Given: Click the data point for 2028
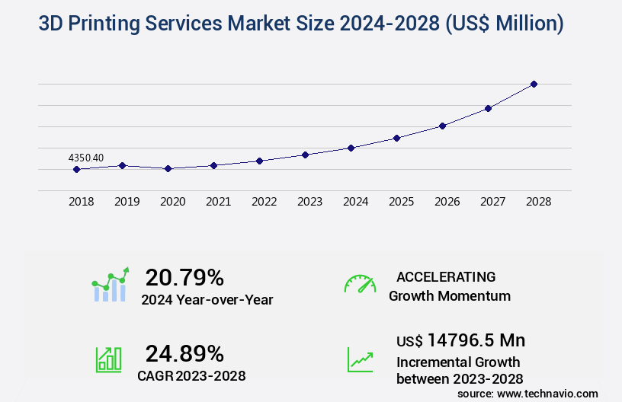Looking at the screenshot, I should click(534, 84).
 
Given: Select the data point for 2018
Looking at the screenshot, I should click(76, 169).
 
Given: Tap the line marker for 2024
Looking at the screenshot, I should click(351, 148).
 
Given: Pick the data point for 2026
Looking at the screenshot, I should click(442, 126).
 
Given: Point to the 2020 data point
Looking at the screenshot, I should click(168, 168).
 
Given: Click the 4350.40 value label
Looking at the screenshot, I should click(86, 158).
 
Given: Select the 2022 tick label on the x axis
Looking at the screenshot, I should click(264, 202).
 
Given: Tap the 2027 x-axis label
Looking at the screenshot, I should click(492, 202).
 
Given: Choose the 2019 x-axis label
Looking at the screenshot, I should click(127, 202).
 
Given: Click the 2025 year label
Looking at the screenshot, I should click(401, 202).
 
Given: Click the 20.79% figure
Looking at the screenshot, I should click(184, 277).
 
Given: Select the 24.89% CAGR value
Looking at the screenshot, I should click(184, 353).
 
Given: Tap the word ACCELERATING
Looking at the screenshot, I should click(446, 276).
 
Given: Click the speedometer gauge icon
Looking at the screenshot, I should click(360, 284).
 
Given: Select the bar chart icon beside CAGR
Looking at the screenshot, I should click(108, 359).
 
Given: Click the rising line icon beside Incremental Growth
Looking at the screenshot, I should click(360, 359).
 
